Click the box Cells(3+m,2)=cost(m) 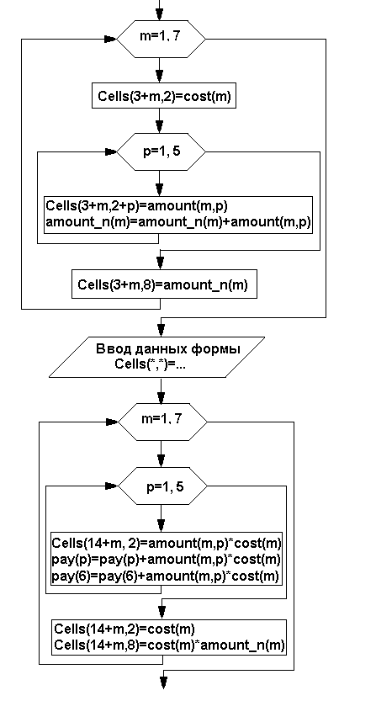pos(164,96)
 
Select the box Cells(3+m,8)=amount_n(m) pos(164,284)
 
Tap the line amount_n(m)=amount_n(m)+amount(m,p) pos(178,222)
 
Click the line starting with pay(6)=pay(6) pos(166,576)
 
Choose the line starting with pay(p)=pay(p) pos(166,560)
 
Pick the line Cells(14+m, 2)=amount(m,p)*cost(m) pos(167,543)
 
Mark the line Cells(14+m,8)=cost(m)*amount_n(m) pos(169,645)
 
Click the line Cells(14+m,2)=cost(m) pos(124,629)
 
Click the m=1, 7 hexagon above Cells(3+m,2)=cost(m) pos(161,39)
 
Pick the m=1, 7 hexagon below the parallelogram pos(162,422)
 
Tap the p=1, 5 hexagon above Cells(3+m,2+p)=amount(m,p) pos(161,152)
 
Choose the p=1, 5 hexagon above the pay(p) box pos(162,486)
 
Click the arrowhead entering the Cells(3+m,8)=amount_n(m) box pos(160,263)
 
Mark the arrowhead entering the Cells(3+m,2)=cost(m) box pos(160,77)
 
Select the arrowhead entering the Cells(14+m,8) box pos(162,613)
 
